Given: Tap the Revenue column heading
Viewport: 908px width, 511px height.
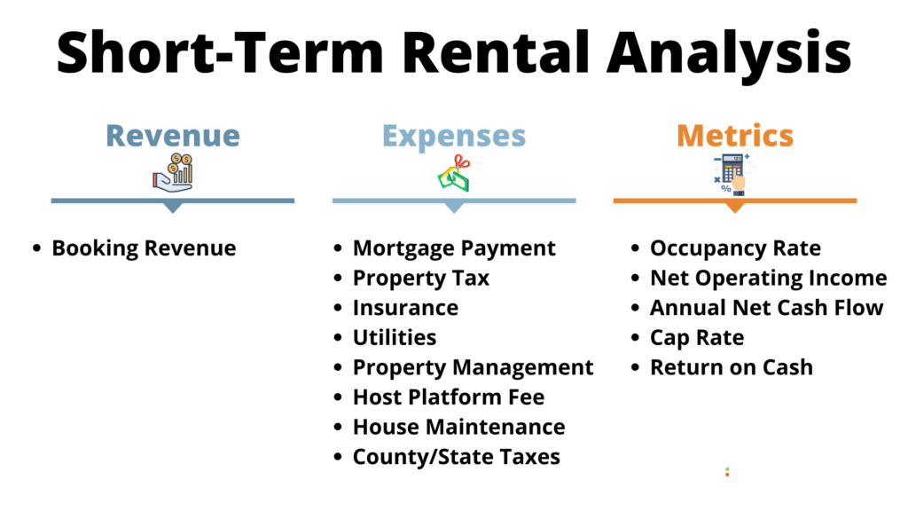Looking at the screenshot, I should [x=173, y=136].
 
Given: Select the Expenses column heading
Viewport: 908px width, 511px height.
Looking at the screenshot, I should [x=454, y=136].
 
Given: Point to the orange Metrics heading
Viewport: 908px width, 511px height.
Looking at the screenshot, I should [x=735, y=136].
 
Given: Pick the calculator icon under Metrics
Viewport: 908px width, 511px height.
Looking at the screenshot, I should [x=732, y=173].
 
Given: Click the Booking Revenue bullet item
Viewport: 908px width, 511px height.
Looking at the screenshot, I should [x=144, y=248].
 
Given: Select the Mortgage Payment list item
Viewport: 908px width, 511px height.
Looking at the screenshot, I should [x=454, y=248].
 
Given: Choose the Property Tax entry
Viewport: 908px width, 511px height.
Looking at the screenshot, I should [x=421, y=279].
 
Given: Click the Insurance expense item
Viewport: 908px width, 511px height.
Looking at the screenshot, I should [x=405, y=308].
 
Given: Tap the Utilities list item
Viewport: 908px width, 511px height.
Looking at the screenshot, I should [x=395, y=338].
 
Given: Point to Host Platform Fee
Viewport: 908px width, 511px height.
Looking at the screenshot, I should [x=449, y=397].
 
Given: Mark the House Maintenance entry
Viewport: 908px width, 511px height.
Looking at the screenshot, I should [x=458, y=427].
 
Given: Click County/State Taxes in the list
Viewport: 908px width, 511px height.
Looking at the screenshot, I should [x=457, y=457].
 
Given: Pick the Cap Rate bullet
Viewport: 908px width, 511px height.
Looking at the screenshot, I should [x=697, y=338].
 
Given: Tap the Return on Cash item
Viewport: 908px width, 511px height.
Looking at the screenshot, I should [x=732, y=367].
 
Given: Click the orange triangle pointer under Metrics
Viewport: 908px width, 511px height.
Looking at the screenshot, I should [x=735, y=208].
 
